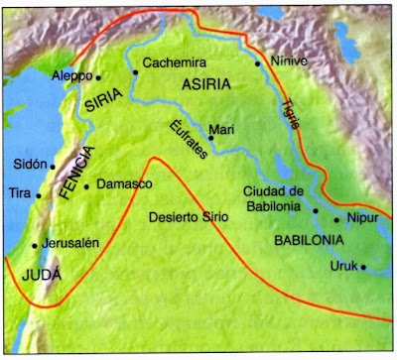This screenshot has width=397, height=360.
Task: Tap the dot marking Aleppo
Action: click(x=98, y=76)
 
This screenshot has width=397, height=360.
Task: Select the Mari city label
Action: click(x=219, y=128)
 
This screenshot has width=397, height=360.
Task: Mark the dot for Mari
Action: click(x=211, y=139)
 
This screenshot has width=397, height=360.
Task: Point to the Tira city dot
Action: click(x=39, y=195)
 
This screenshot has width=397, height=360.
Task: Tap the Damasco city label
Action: click(x=121, y=185)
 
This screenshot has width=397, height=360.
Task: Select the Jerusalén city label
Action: click(x=71, y=243)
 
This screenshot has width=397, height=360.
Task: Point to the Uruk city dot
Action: click(x=363, y=265)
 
